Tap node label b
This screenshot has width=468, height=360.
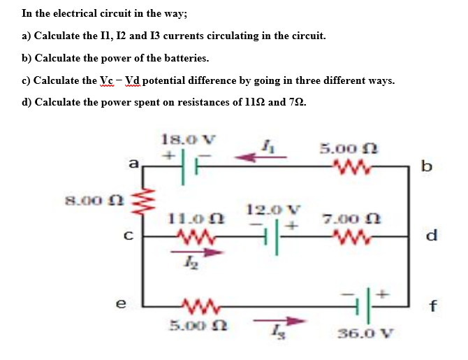tap(427, 166)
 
